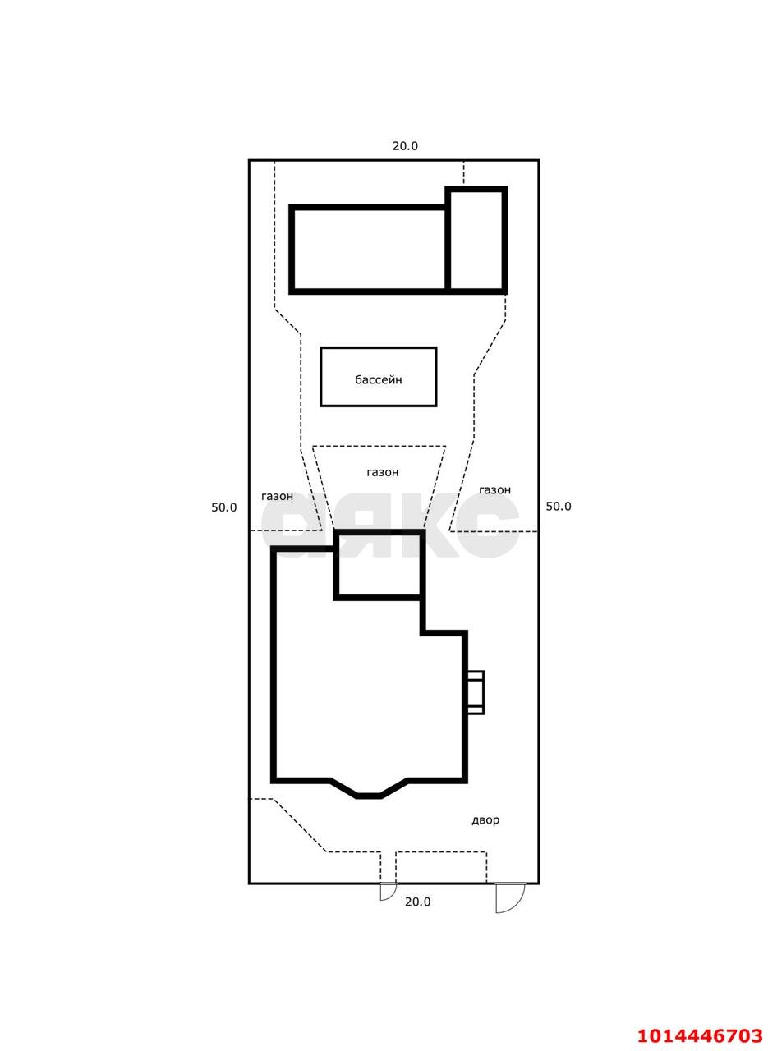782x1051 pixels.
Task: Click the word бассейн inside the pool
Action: [x=379, y=379]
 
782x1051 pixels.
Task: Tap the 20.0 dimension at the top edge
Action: [x=405, y=146]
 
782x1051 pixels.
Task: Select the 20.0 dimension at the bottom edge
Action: [x=417, y=902]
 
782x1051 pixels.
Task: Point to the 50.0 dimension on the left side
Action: [x=223, y=507]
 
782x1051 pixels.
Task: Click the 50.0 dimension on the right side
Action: [x=559, y=506]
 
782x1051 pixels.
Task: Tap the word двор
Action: [x=485, y=820]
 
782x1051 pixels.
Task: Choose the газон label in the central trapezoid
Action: [x=383, y=472]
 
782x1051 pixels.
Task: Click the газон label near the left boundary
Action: [x=278, y=496]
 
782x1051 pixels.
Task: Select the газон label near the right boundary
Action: [x=494, y=490]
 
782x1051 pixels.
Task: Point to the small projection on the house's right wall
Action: [x=476, y=699]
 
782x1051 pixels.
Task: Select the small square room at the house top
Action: [x=379, y=565]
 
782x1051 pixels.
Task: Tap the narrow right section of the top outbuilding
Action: [x=476, y=241]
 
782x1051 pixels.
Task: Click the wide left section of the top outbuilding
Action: [x=370, y=250]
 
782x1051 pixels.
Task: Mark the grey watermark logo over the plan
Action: [x=390, y=525]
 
